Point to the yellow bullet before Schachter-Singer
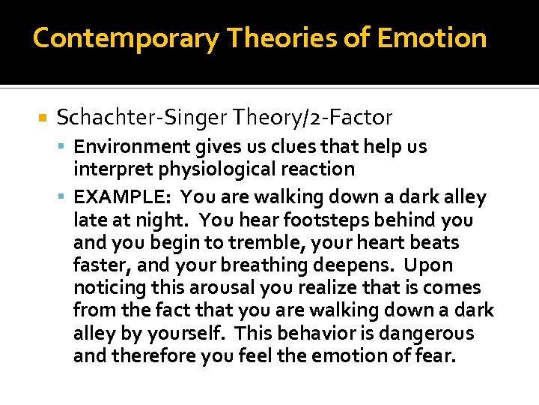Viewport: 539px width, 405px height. click(x=43, y=118)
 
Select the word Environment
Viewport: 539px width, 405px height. click(x=123, y=146)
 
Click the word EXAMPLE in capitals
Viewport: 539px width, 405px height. click(x=123, y=198)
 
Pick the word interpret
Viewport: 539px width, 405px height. click(x=107, y=169)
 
